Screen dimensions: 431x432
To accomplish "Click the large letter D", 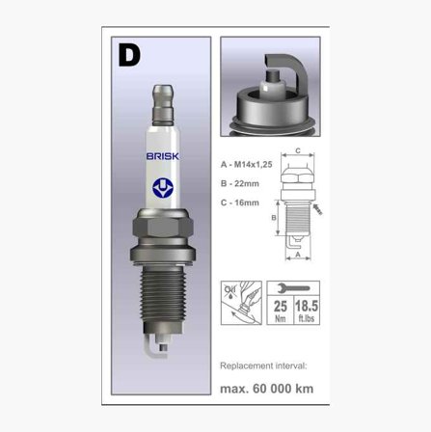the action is click(129, 55).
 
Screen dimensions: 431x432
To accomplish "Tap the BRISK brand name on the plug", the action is click(163, 156).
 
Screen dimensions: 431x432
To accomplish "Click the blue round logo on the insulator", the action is click(163, 188).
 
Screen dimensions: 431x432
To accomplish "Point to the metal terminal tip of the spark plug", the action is click(163, 105).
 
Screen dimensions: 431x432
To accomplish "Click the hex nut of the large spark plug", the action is click(163, 227).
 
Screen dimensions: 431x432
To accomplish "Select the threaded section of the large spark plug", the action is click(163, 294).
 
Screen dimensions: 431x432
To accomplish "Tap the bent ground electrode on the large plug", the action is click(155, 347).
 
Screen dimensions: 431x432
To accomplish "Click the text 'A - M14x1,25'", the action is click(247, 165).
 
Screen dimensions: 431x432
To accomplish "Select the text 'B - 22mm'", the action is click(240, 183).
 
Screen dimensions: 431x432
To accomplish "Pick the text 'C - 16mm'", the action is click(240, 202).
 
